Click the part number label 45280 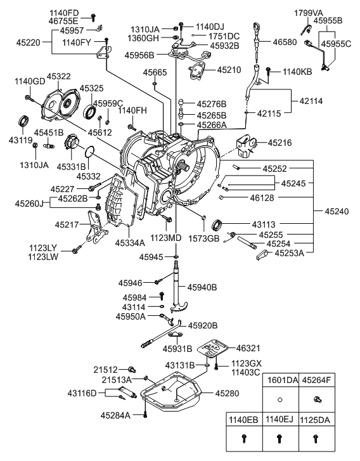tap(228, 393)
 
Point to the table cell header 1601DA tap(280, 380)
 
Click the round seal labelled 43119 tap(24, 121)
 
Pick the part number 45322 tap(61, 77)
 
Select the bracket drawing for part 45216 tap(243, 145)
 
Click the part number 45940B tap(203, 287)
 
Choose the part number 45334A tap(131, 242)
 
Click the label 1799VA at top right tap(307, 13)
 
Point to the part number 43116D tap(82, 393)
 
